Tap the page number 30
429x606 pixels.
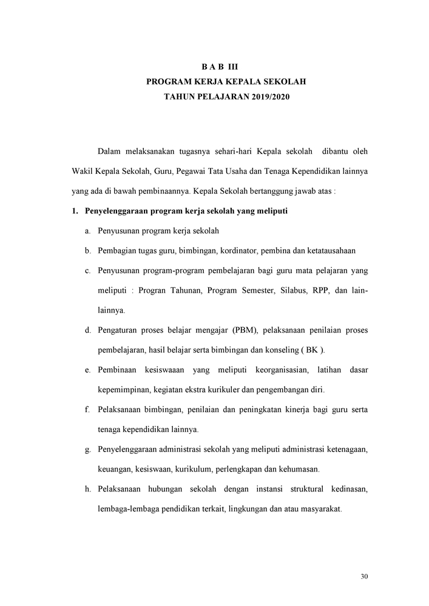click(364, 576)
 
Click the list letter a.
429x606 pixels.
click(88, 231)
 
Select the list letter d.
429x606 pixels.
click(88, 330)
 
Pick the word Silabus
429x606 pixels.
click(294, 290)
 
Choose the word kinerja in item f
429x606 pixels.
click(299, 410)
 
